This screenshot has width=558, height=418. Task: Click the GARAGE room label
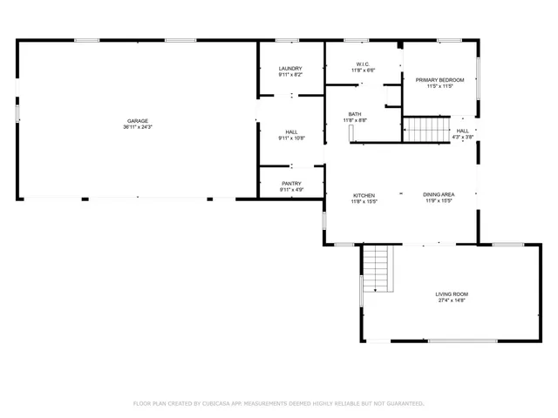137,121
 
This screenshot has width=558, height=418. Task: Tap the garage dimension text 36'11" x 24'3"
137,128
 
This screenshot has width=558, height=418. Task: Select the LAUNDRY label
290,69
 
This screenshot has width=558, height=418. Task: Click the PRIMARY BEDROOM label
439,80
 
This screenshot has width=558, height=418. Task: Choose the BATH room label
355,113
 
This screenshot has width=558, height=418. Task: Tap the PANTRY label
290,183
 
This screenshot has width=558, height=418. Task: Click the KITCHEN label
364,195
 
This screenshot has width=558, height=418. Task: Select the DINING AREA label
438,195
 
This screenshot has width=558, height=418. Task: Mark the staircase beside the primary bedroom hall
426,131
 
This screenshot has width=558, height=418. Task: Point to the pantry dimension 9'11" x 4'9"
290,190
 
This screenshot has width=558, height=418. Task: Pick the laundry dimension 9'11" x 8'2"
290,76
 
